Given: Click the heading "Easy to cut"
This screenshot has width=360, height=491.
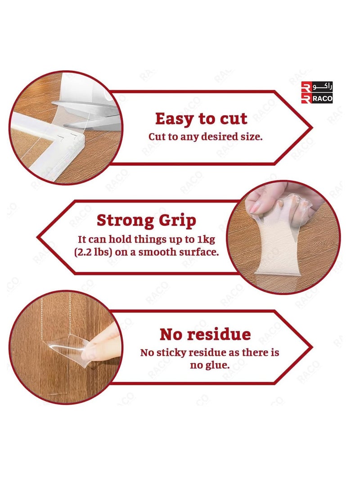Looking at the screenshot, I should point(201,119).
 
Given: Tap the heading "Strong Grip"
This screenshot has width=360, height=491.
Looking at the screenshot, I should point(146,221).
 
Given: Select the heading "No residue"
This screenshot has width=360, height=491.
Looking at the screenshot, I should point(205,334).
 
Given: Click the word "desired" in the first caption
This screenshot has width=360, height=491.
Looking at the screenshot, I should point(214,137).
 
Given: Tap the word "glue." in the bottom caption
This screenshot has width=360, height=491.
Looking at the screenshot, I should point(216,365).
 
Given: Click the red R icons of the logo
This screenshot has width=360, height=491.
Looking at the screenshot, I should point(306,93).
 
